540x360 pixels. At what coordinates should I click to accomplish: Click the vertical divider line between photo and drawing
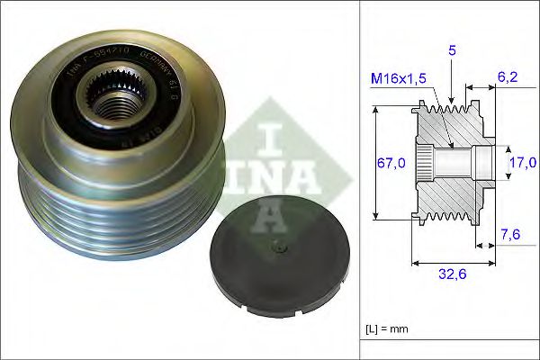pyautogui.click(x=359, y=180)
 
